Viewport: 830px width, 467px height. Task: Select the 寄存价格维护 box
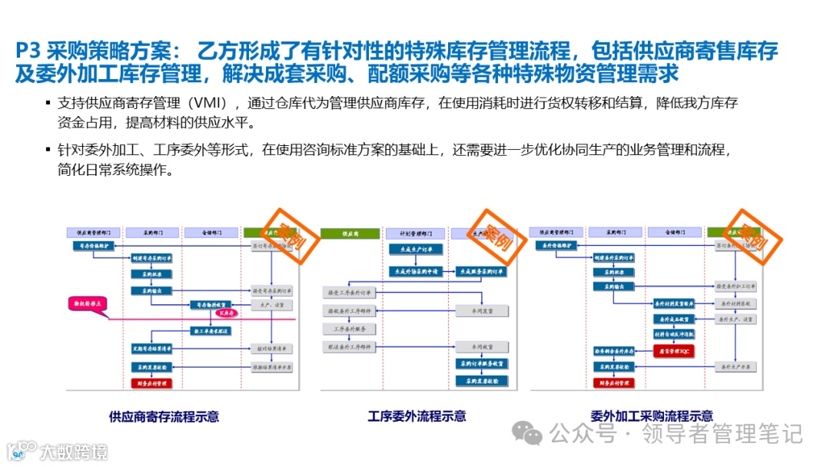95,246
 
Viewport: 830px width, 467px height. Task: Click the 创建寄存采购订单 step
151,260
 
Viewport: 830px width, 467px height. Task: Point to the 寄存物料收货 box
211,305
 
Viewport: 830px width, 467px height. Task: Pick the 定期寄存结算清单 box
151,348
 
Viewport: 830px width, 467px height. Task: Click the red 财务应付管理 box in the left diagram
151,382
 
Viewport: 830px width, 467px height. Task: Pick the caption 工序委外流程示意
417,416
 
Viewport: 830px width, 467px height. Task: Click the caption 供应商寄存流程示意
164,416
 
